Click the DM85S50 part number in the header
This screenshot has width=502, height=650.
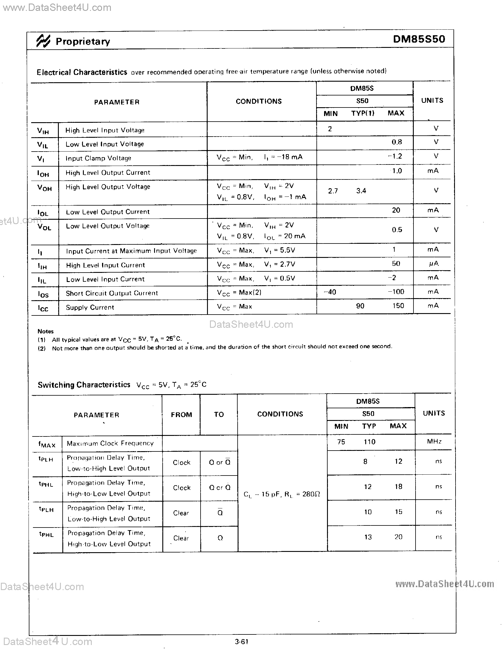419,39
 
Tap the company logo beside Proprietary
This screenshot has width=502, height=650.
43,41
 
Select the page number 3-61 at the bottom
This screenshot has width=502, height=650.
241,641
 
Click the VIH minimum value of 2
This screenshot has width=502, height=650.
330,129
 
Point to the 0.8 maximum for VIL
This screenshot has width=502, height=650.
396,142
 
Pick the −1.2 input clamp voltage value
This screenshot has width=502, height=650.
395,156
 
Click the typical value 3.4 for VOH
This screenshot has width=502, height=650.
361,191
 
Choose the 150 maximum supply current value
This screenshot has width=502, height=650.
398,306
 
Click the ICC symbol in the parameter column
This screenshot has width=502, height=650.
43,308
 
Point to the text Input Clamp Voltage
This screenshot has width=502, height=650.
98,158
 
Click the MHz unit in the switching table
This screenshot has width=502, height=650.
434,441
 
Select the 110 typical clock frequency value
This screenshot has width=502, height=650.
369,442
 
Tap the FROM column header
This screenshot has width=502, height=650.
181,414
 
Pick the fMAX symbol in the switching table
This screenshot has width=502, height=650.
47,444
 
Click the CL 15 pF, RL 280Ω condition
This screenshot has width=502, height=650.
282,494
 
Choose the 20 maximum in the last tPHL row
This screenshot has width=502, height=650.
398,537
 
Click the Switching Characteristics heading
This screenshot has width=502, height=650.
84,385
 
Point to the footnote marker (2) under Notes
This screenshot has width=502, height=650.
41,348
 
